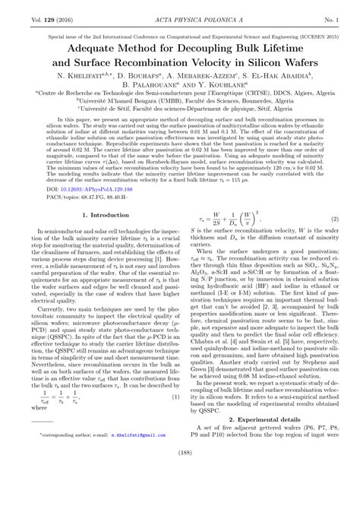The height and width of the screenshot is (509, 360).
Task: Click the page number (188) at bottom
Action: pos(180,496)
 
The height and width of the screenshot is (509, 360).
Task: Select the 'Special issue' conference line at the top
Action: pos(180,33)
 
